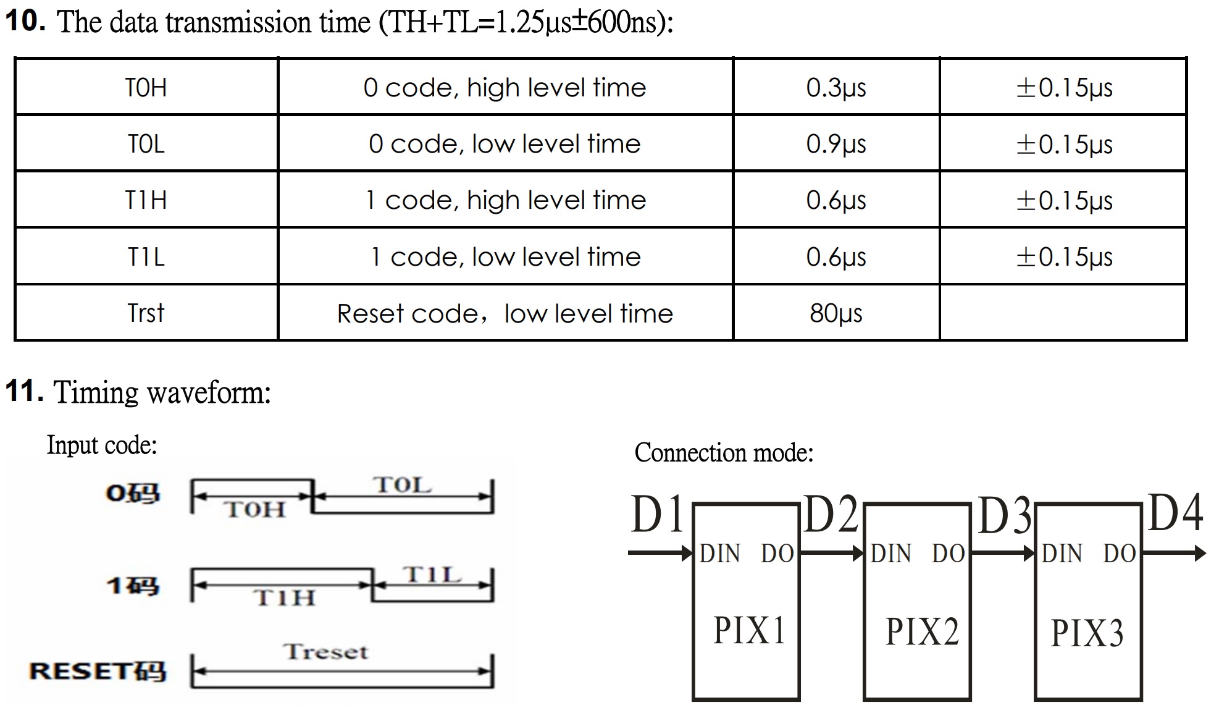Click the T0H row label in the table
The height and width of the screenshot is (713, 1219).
[146, 88]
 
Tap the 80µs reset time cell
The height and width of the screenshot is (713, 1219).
[836, 314]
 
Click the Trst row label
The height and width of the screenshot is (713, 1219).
[146, 314]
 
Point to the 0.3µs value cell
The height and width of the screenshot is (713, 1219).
[836, 88]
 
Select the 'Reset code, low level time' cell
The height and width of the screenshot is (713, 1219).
[505, 314]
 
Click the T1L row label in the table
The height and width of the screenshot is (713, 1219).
[146, 257]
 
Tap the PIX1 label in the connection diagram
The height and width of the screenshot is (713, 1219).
[749, 631]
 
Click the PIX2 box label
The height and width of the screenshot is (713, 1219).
[922, 632]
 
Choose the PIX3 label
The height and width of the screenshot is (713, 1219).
[1087, 634]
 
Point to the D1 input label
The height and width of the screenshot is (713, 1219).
[657, 515]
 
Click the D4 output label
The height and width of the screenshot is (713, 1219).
[1175, 513]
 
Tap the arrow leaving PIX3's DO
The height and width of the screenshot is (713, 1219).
[1173, 553]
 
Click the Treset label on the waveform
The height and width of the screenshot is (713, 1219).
[326, 652]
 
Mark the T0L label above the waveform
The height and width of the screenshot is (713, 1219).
[402, 485]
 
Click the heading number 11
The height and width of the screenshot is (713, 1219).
[23, 391]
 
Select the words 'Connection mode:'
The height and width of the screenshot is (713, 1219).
[724, 453]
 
